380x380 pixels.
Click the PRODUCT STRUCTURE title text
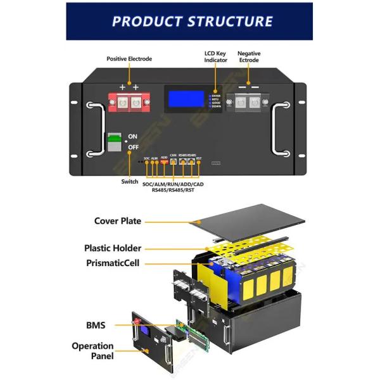point(192,21)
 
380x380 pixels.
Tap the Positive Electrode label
point(129,59)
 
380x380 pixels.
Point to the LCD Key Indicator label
point(215,56)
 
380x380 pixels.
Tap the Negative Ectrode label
point(249,58)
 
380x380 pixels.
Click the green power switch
point(114,142)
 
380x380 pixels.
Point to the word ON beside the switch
point(132,136)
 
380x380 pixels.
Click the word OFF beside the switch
point(133,147)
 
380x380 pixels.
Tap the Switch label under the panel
point(129,182)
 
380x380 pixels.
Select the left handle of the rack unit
point(94,130)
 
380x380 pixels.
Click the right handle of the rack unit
point(281,130)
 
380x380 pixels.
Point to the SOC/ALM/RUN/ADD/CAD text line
point(173,184)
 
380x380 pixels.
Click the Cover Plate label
point(118,221)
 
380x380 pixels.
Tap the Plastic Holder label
point(113,248)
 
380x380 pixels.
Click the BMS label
point(96,326)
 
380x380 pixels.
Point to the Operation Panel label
point(92,351)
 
